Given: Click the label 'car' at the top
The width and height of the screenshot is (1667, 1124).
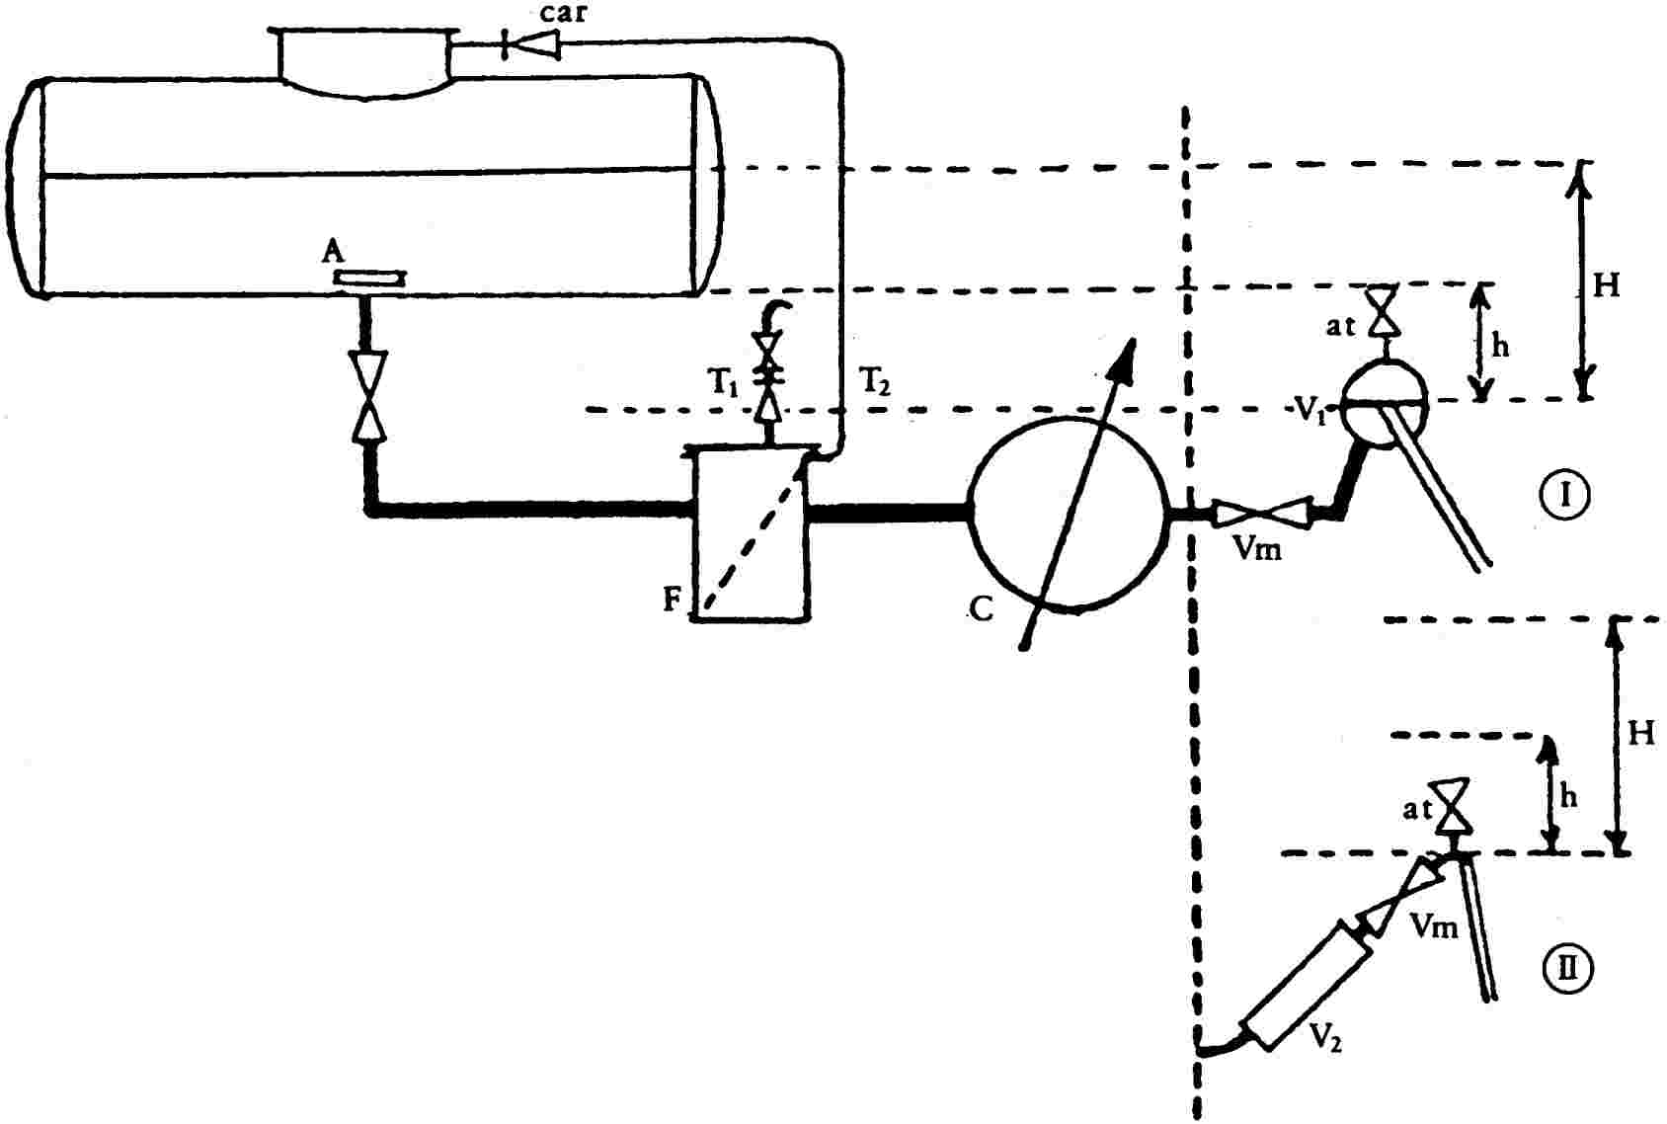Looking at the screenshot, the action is point(564,13).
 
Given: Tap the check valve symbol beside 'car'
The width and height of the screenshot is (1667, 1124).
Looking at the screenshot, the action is point(531,44).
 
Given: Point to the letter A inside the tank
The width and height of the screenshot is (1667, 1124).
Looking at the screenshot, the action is point(333,252).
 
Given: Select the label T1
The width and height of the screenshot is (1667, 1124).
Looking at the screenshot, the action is point(722,382).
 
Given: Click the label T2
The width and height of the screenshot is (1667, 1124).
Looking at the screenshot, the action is point(874,381).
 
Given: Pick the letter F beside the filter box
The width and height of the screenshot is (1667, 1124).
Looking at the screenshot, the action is point(672,600).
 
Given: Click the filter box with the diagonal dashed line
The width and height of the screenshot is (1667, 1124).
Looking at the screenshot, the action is point(751,533).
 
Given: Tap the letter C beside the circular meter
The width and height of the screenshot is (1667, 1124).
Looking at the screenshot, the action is point(981,608).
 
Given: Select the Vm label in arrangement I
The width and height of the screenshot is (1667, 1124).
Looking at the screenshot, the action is point(1257,549).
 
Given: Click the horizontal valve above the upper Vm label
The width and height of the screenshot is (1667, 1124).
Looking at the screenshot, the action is point(1262,514).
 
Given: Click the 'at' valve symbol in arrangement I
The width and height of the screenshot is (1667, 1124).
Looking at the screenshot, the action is point(1385,310).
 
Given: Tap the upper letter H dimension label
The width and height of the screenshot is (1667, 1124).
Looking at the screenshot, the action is point(1607,285).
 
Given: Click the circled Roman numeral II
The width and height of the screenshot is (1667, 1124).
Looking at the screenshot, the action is point(1568,970).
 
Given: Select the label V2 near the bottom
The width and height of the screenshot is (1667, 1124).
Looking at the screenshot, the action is point(1326,1037).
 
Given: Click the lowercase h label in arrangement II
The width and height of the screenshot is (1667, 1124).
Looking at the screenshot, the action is point(1568,797).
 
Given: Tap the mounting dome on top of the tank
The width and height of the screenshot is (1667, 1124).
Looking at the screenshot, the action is point(363,64).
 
